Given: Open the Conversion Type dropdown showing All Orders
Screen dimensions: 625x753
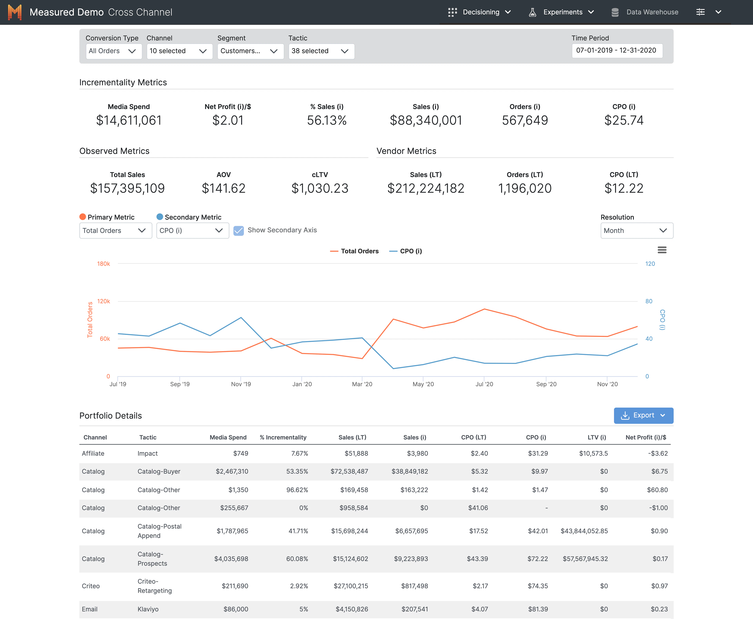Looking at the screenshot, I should pos(113,51).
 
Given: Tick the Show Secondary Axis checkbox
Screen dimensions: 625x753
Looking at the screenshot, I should pos(238,230).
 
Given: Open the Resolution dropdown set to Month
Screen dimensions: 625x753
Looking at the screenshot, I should pos(637,230).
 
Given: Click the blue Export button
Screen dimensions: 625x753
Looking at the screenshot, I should pos(643,415).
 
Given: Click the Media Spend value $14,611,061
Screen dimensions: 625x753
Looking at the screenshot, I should pos(129,120).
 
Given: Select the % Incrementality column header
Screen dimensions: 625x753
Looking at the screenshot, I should pos(283,437).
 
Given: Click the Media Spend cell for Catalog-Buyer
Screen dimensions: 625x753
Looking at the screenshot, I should pos(232,471).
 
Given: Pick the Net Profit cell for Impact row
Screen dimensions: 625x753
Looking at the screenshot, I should pos(658,453).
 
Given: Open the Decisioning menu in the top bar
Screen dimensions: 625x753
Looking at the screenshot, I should pos(480,12).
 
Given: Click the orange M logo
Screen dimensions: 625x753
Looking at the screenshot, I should pos(15,12).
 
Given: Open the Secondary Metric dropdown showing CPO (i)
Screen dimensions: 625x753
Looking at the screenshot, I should pos(193,230).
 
